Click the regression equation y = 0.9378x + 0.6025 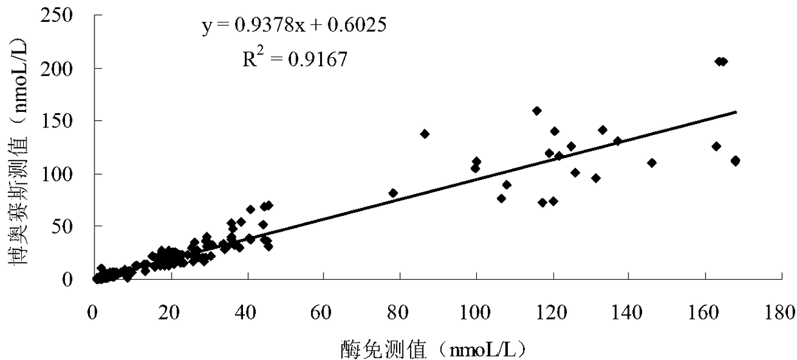click(x=294, y=26)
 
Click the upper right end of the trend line click(x=736, y=112)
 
